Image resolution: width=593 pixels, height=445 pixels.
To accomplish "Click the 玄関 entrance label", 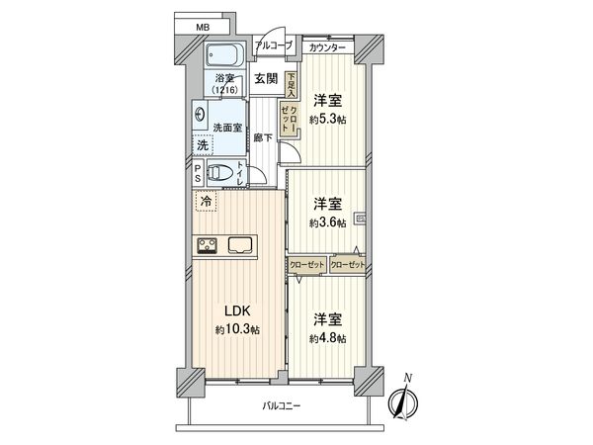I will pyautogui.click(x=264, y=80).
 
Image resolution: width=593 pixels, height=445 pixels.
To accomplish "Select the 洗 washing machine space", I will pyautogui.click(x=201, y=144).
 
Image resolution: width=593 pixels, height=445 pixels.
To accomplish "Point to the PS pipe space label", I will pyautogui.click(x=199, y=175).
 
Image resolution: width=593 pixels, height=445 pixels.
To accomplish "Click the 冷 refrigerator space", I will pyautogui.click(x=207, y=203).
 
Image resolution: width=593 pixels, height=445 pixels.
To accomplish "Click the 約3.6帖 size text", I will pyautogui.click(x=327, y=223).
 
